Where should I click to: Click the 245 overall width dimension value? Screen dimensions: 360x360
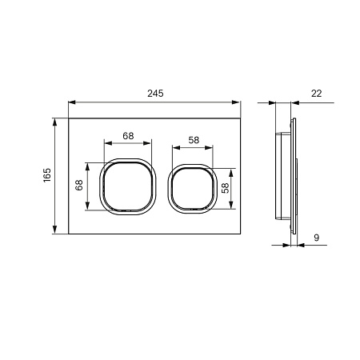(155, 94)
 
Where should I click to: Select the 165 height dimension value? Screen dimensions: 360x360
(46, 176)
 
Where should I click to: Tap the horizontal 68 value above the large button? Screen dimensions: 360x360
(128, 134)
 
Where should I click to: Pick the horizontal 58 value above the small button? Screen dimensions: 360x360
(194, 139)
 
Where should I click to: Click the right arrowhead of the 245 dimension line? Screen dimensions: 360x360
(239, 102)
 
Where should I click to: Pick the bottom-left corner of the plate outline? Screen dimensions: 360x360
(69, 234)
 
